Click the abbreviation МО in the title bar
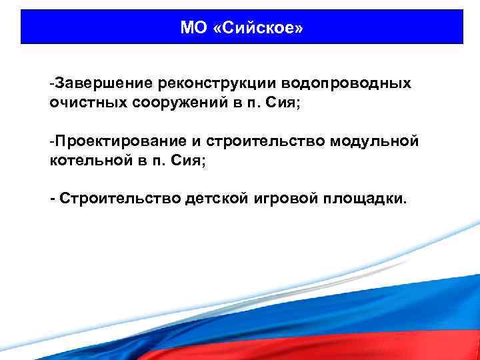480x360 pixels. (x=193, y=28)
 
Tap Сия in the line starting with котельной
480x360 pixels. (x=189, y=161)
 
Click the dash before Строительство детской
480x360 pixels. (x=53, y=198)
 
